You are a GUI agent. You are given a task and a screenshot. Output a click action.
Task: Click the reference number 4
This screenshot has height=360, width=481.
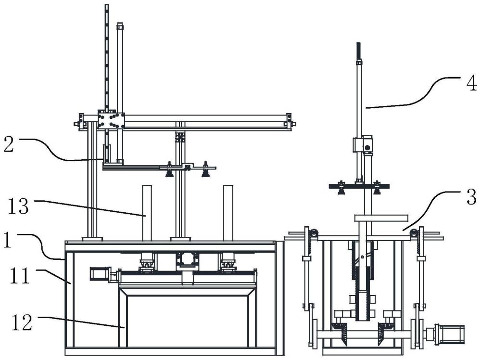471,83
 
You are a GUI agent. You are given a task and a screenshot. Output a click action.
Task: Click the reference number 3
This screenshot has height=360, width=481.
471,197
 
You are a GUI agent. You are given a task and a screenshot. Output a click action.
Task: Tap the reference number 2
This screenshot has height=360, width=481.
9,144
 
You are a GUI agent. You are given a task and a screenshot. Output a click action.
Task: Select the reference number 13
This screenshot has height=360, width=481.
18,206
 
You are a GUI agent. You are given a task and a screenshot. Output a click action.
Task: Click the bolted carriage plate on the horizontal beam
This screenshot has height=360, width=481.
112,120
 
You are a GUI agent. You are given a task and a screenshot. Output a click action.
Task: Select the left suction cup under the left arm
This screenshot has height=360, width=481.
169,173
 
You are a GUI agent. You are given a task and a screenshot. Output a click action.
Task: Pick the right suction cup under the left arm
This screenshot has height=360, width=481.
205,173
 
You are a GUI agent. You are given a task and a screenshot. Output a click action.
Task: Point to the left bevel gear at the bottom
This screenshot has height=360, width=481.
338,330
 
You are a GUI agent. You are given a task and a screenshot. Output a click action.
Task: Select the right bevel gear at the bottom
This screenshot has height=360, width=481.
385,330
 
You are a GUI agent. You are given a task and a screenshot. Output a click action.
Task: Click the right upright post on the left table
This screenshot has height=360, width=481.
228,213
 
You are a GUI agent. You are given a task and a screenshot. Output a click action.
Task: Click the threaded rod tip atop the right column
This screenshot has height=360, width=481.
358,52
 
